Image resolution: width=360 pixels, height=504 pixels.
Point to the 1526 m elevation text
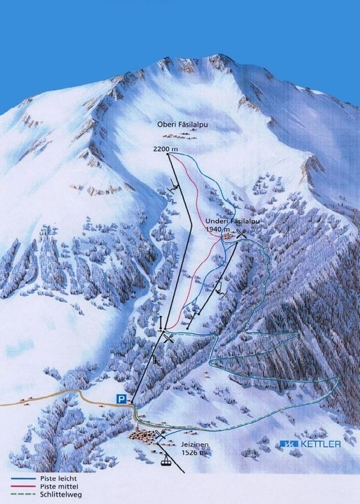click(x=194, y=452)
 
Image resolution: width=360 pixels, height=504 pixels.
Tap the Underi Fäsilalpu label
click(x=232, y=222)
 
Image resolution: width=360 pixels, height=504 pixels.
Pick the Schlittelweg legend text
click(x=60, y=495)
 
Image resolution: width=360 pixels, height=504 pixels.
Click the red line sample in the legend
click(x=22, y=487)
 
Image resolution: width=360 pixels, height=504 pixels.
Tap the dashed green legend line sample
click(x=22, y=495)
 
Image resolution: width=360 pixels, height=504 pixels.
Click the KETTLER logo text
click(x=319, y=444)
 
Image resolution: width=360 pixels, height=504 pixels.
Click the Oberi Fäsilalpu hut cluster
click(x=183, y=135)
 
